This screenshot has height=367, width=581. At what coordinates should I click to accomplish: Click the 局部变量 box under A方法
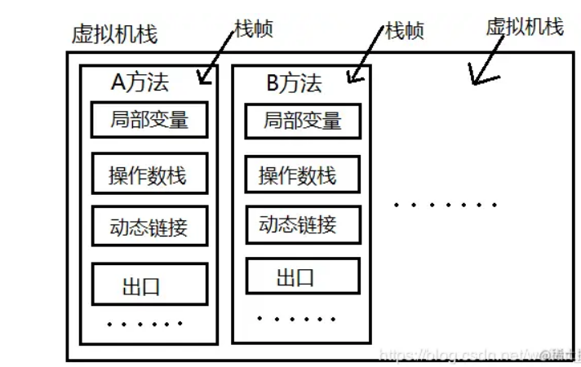pyautogui.click(x=149, y=120)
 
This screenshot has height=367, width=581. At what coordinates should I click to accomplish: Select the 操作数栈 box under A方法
pyautogui.click(x=149, y=174)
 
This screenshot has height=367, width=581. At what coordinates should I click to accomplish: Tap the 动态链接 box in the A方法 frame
pyautogui.click(x=149, y=227)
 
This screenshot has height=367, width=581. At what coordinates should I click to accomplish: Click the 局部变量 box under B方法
pyautogui.click(x=303, y=121)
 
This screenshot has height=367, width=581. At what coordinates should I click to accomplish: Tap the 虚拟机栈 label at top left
pyautogui.click(x=114, y=35)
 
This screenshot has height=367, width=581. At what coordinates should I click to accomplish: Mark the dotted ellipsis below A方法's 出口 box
pyautogui.click(x=145, y=324)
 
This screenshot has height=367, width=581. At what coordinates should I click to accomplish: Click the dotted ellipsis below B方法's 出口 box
pyautogui.click(x=295, y=318)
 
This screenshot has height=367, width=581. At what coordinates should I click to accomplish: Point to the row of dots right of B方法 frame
pyautogui.click(x=445, y=205)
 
